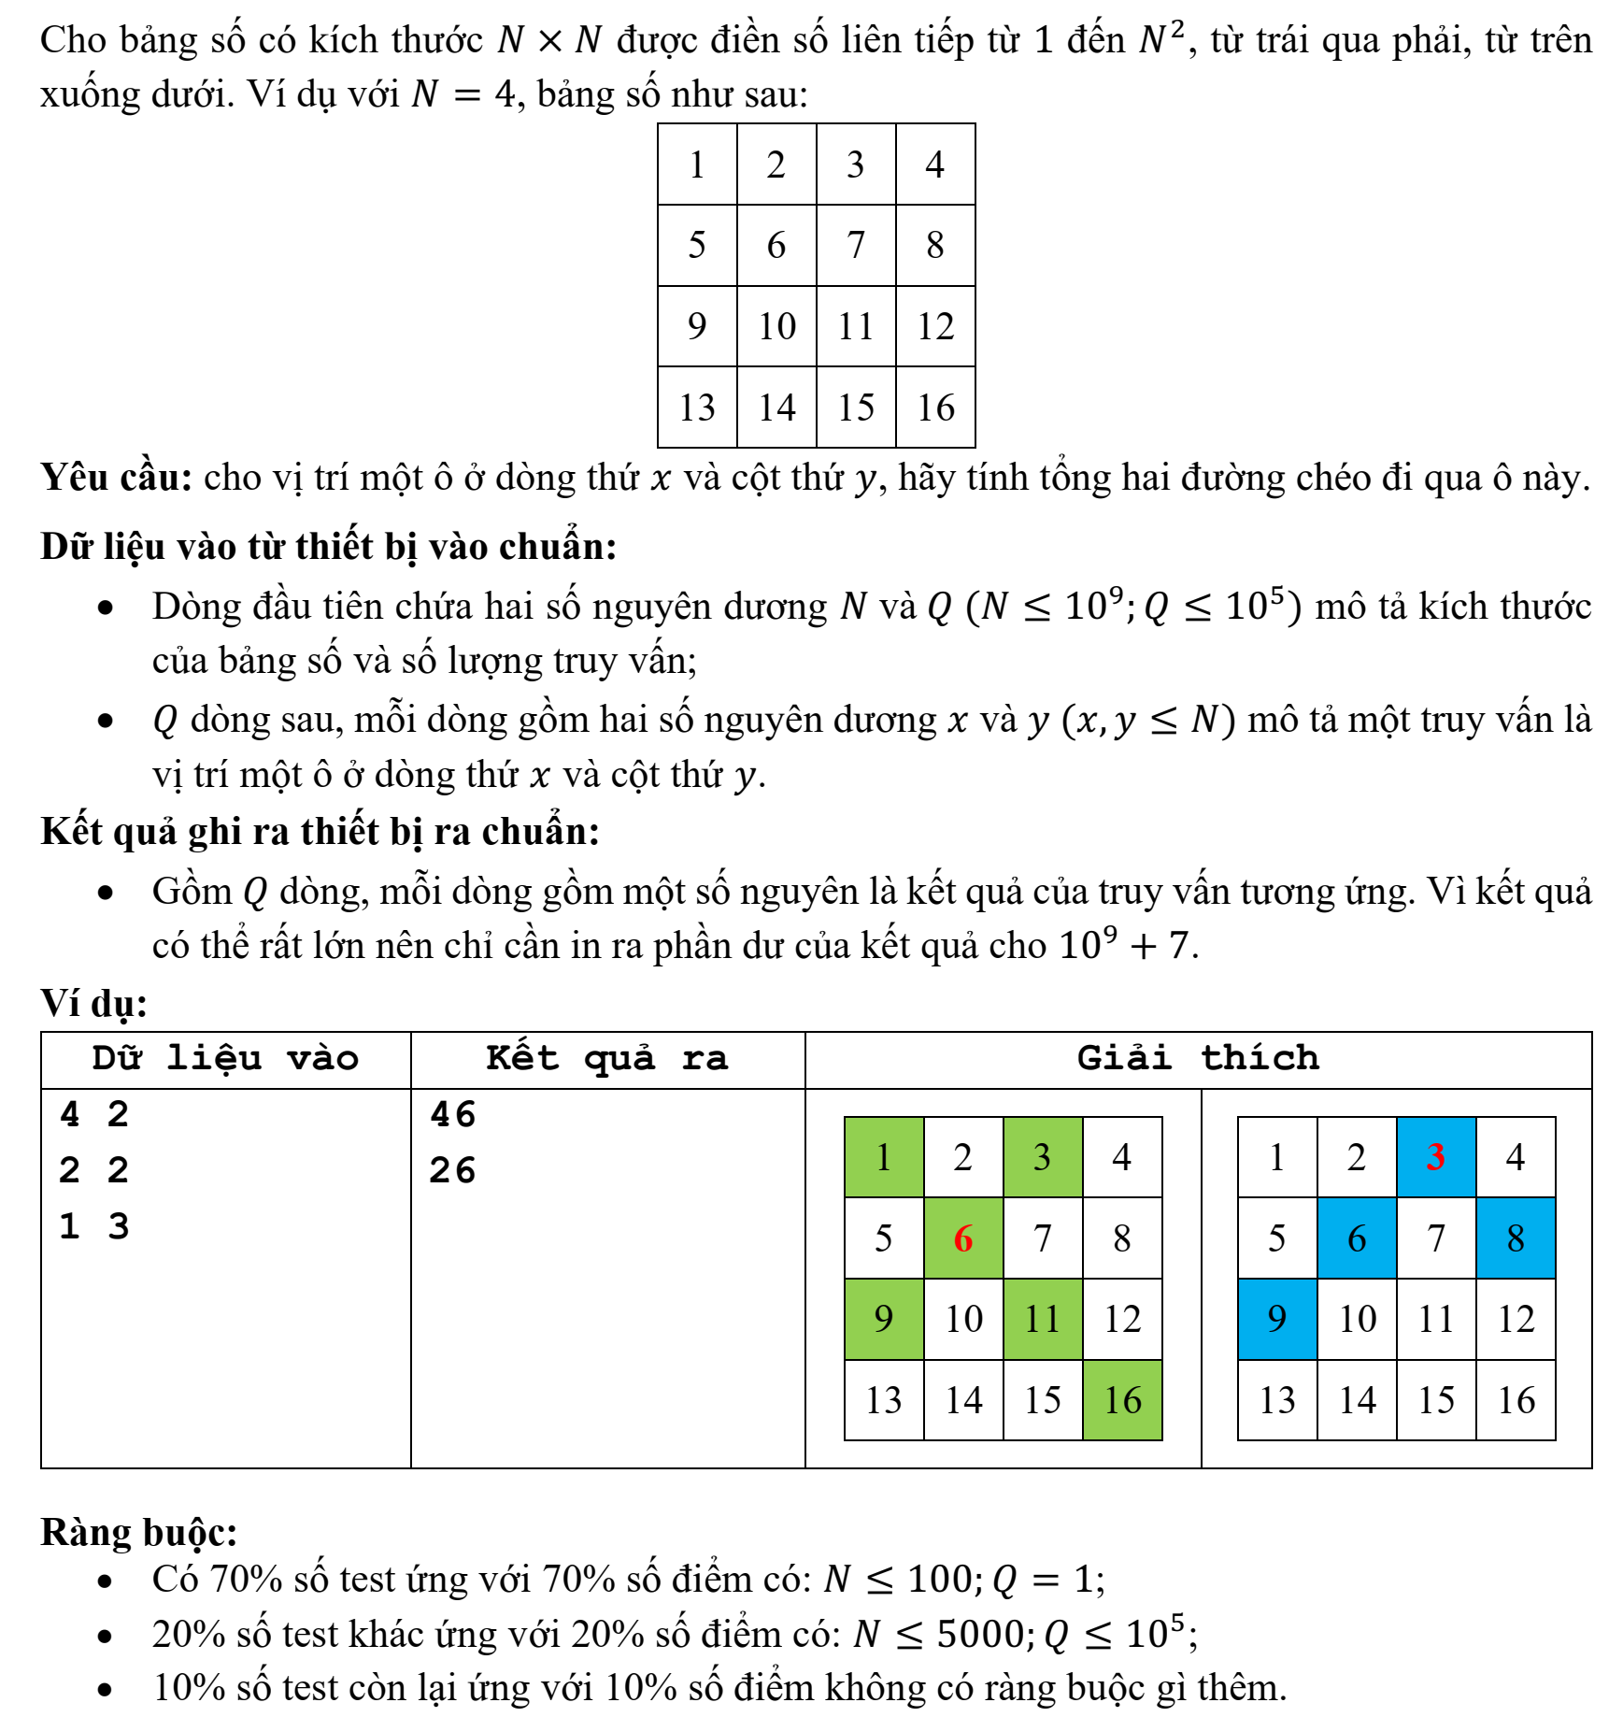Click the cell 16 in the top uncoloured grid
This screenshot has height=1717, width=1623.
tap(935, 408)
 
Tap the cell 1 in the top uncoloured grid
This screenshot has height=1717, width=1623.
tap(697, 165)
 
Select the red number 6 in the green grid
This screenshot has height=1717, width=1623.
tap(963, 1238)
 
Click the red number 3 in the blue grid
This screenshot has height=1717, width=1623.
tap(1436, 1157)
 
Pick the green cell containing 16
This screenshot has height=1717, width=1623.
tap(1122, 1400)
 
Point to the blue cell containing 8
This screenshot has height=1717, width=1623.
tap(1516, 1238)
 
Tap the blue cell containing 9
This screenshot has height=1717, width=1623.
tap(1277, 1319)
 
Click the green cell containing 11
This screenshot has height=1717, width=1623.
tap(1043, 1319)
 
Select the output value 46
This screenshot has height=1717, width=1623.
tap(453, 1114)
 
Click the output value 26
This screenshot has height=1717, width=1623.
tap(453, 1170)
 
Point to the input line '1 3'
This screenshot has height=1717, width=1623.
tap(94, 1226)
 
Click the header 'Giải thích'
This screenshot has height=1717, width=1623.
tap(1198, 1058)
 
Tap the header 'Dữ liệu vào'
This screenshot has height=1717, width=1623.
tap(225, 1058)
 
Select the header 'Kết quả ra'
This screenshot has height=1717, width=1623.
tap(607, 1058)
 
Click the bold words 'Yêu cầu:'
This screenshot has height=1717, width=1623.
tap(116, 478)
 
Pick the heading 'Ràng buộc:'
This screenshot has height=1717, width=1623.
tap(138, 1533)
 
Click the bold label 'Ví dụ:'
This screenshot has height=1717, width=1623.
tap(93, 1003)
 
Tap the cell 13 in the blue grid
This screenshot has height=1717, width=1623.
tap(1277, 1400)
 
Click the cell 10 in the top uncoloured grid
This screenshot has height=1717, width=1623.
tap(776, 326)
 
